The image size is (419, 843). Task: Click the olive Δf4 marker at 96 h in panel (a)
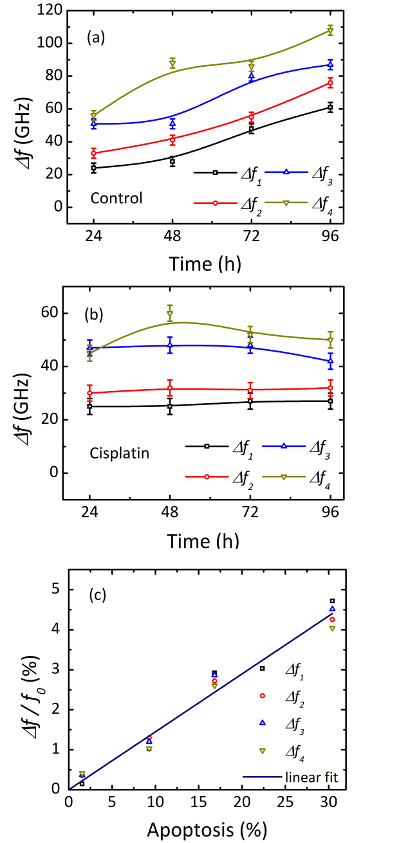point(330,30)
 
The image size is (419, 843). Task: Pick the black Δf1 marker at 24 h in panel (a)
point(94,168)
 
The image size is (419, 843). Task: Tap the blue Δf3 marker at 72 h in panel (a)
point(251,76)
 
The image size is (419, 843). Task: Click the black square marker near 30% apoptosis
point(332,601)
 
